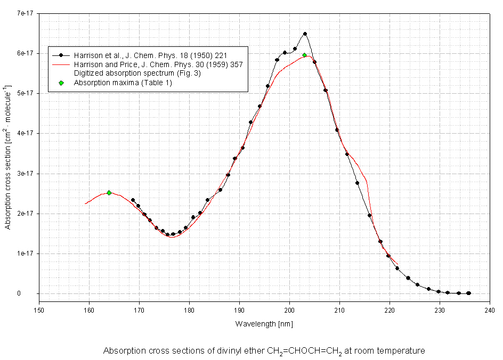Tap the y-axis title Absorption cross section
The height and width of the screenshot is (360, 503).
pyautogui.click(x=8, y=158)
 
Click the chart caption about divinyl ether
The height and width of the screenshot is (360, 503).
pyautogui.click(x=264, y=351)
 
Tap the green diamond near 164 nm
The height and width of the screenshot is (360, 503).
pyautogui.click(x=109, y=193)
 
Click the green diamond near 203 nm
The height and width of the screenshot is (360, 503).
pyautogui.click(x=304, y=55)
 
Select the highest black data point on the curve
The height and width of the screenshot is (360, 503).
pyautogui.click(x=305, y=34)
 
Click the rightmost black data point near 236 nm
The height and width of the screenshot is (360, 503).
pyautogui.click(x=469, y=293)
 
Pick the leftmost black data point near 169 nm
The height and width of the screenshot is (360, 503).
pyautogui.click(x=133, y=200)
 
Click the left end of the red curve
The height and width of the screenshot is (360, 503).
pyautogui.click(x=85, y=203)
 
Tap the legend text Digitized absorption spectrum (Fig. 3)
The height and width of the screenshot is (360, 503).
pyautogui.click(x=137, y=73)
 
